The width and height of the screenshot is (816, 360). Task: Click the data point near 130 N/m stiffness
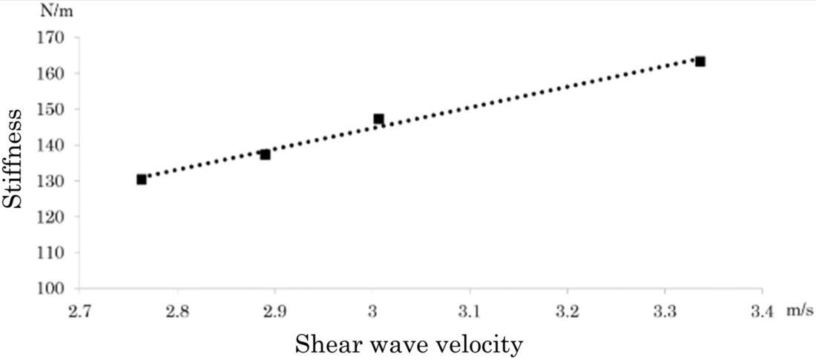pos(141,179)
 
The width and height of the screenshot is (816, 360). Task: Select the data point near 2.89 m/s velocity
pos(265,154)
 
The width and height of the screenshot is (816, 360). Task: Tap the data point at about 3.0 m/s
pos(378,119)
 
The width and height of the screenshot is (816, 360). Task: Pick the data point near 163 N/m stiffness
pos(700,61)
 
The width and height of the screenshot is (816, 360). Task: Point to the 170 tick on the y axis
pos(56,37)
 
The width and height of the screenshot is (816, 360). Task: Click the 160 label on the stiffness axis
pos(56,73)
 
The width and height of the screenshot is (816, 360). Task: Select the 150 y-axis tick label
pos(56,109)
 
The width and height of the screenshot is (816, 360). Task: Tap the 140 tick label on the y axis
pos(56,145)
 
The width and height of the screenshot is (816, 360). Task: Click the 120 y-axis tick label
pos(56,217)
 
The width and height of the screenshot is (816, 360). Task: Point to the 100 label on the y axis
pos(56,288)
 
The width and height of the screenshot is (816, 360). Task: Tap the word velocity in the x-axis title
pos(485,344)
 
